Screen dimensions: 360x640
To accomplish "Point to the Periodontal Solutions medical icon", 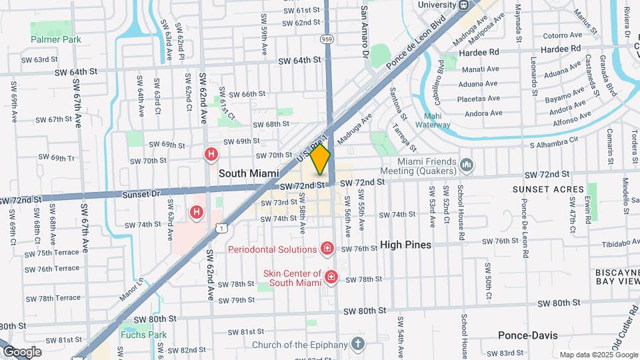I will pyautogui.click(x=327, y=249).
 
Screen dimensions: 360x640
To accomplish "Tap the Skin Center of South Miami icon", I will pyautogui.click(x=331, y=277).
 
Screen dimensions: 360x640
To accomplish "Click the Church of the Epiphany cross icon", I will pyautogui.click(x=358, y=345).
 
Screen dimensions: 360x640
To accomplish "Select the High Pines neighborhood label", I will pyautogui.click(x=405, y=245).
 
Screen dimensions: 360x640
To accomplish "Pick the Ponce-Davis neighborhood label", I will pyautogui.click(x=528, y=335).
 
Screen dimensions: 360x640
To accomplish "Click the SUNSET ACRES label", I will pyautogui.click(x=539, y=189).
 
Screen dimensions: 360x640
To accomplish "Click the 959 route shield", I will pyautogui.click(x=327, y=39).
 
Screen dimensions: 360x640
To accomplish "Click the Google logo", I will pyautogui.click(x=21, y=351).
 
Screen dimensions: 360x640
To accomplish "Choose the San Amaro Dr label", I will pyautogui.click(x=364, y=32).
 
